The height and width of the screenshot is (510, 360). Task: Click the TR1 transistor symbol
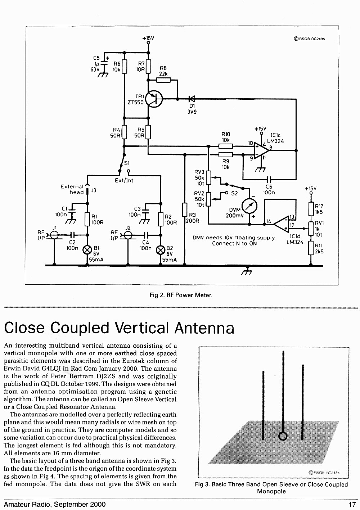point(154,99)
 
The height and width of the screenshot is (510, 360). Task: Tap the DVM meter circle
point(249,206)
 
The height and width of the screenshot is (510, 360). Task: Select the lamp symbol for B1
point(87,250)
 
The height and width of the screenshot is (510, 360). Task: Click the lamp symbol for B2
point(161,250)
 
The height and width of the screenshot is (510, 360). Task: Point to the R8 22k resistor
point(163,80)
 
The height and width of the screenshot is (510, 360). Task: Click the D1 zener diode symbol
point(192,99)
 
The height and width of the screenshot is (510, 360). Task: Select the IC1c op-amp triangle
point(261,150)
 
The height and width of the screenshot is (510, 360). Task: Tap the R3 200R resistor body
point(185,210)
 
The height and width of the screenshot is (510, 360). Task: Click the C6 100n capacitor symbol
point(269,180)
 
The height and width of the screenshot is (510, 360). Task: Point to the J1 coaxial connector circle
point(54,235)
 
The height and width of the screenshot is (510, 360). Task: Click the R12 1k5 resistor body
point(311,209)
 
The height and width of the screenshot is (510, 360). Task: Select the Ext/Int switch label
point(124,181)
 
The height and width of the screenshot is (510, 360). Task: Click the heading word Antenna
point(204,328)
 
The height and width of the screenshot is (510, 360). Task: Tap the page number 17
point(352,505)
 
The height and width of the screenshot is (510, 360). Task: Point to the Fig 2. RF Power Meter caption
point(181,295)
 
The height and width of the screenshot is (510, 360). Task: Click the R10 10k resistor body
point(226,146)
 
